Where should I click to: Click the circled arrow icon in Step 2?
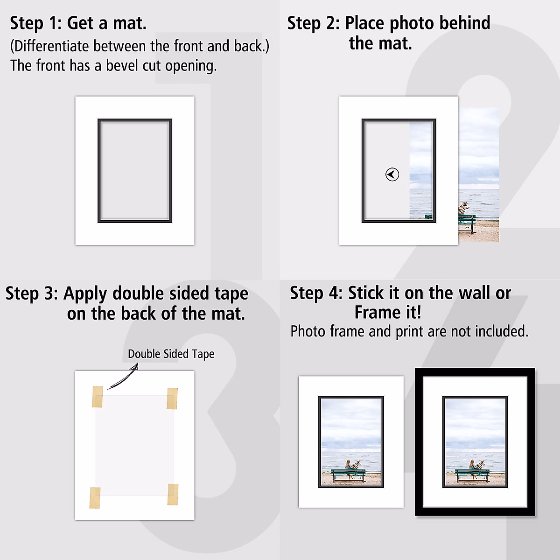[392, 175]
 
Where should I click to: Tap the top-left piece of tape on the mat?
[98, 397]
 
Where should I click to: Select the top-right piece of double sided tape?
[172, 399]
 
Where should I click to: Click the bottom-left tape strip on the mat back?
[95, 498]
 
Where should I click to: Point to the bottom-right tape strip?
[173, 495]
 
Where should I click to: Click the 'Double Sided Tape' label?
[171, 354]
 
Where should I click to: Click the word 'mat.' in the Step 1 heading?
[130, 23]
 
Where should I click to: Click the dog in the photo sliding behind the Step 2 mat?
[464, 208]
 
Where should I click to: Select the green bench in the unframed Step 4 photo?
[349, 475]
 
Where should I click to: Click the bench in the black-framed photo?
[472, 475]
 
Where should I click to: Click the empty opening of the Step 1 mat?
[135, 170]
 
